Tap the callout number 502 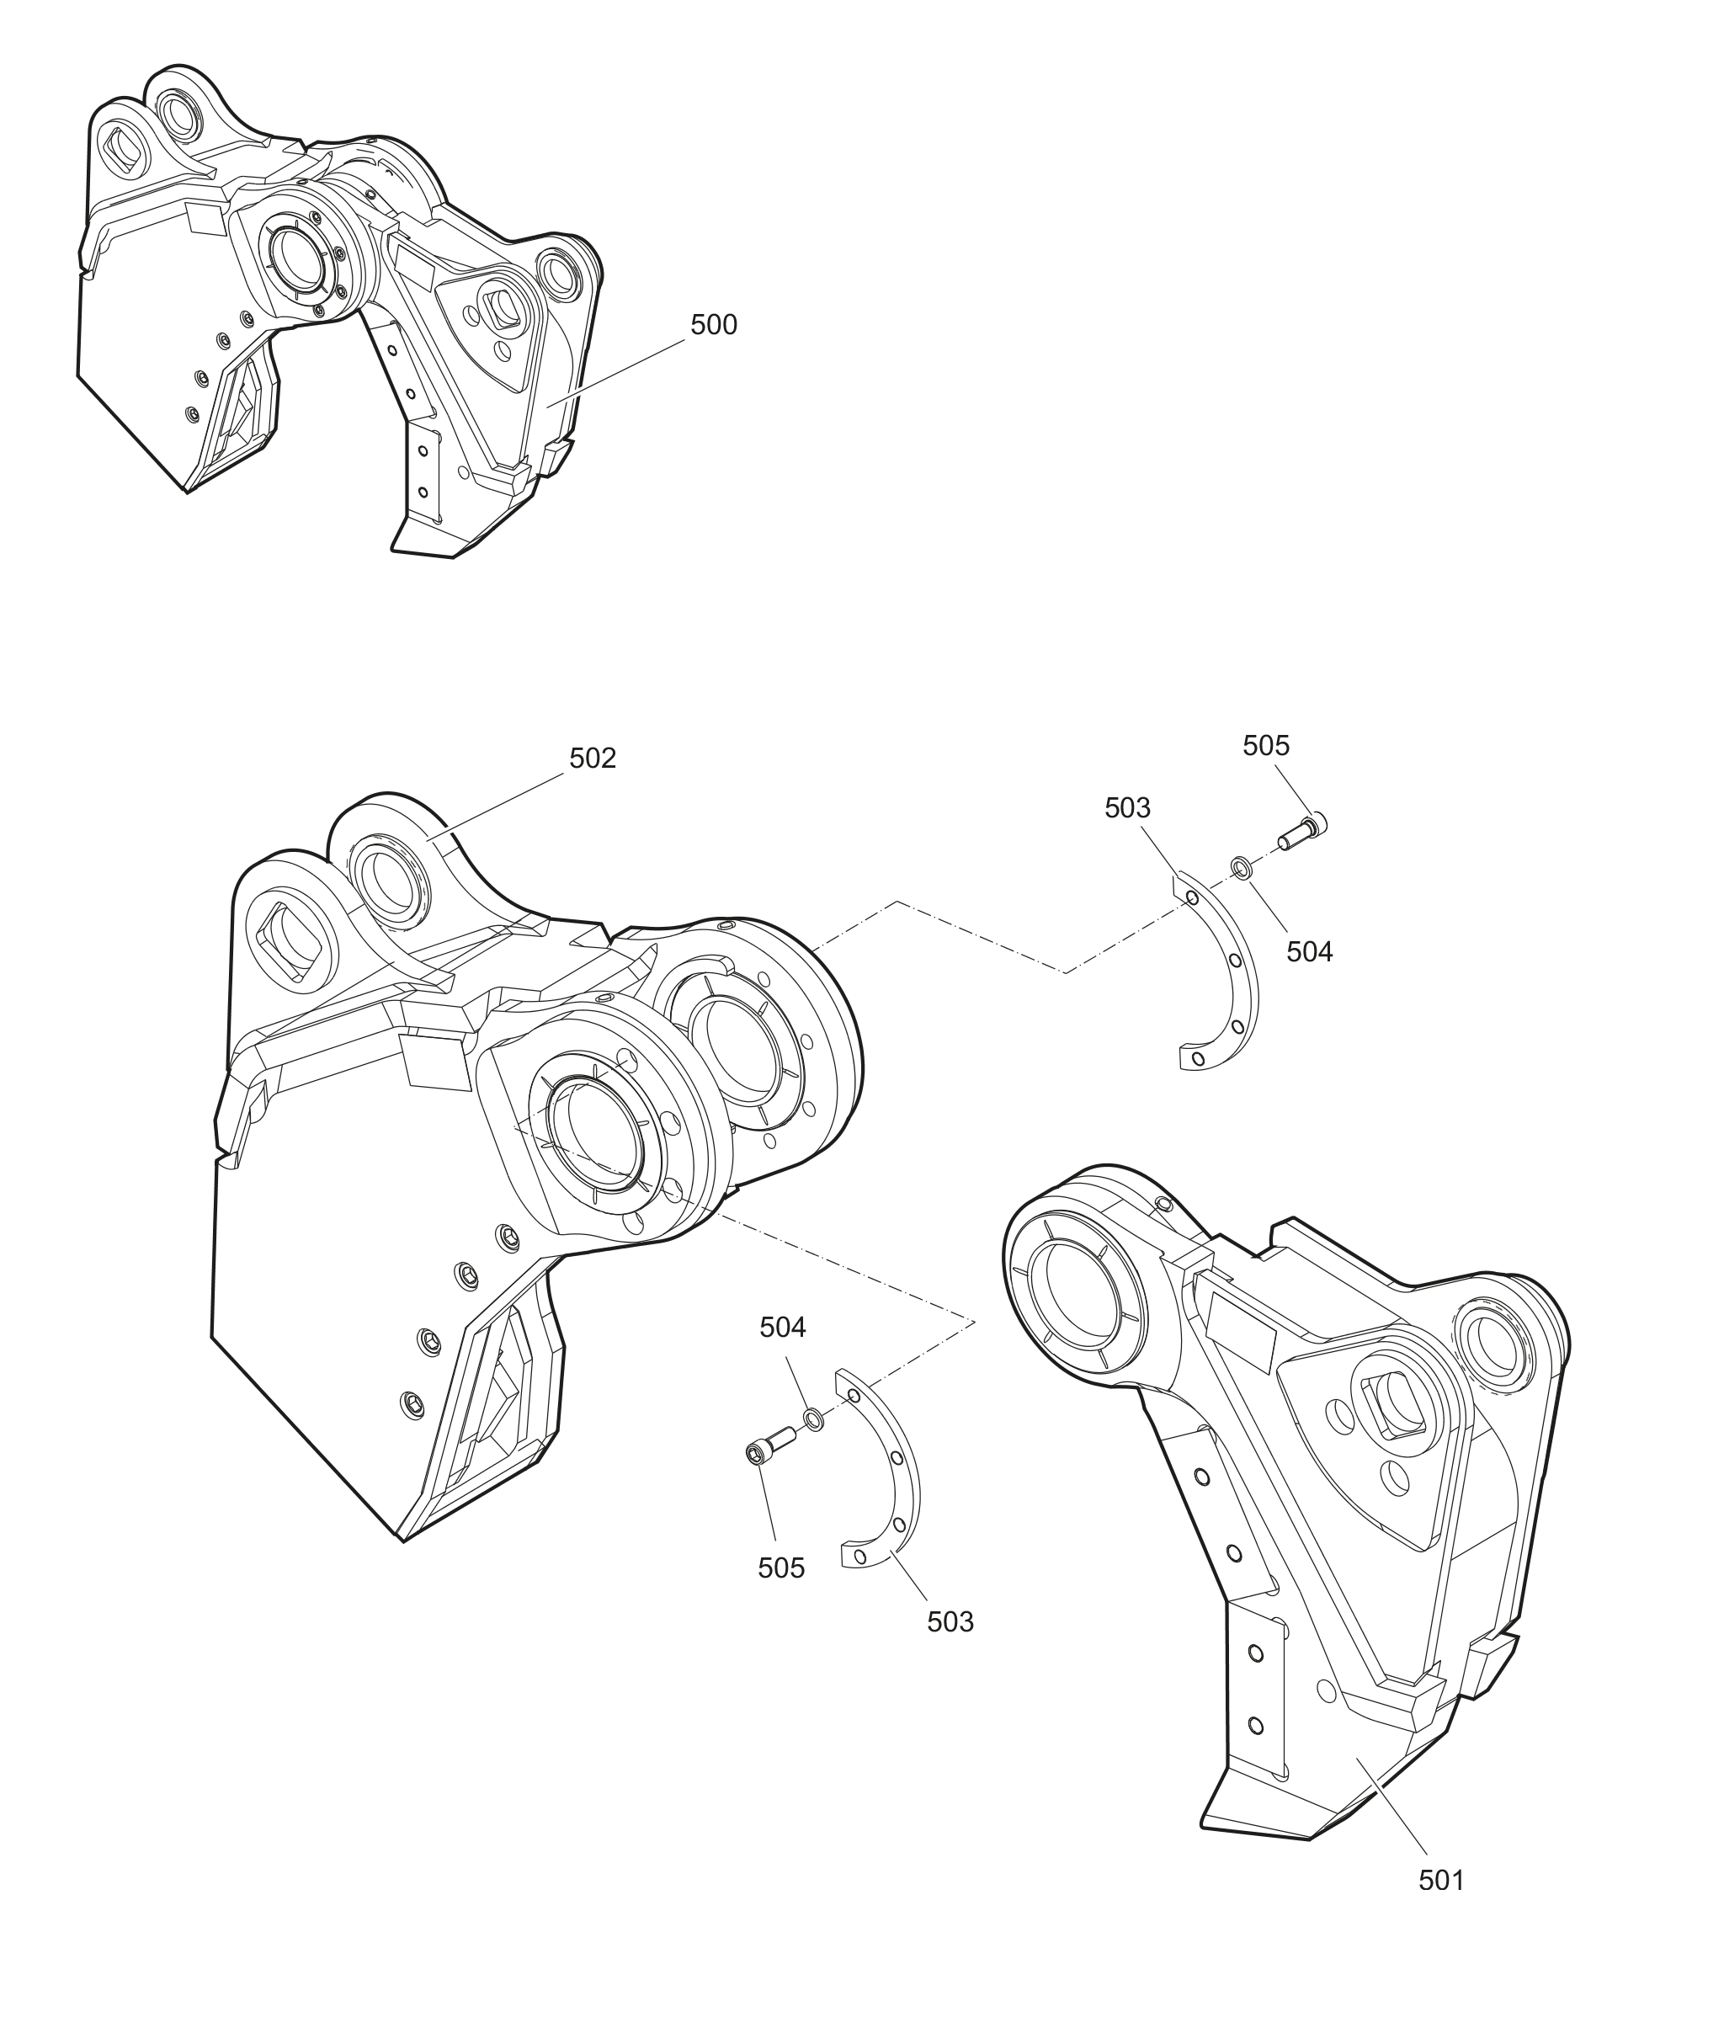pos(593,759)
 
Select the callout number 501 pos(1441,1880)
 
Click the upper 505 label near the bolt pos(1265,746)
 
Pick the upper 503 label pos(1127,808)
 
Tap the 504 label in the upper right pos(1309,951)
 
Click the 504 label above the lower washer pos(783,1328)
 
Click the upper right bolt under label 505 pos(1303,832)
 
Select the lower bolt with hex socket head pos(769,1445)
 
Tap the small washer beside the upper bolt pos(1240,867)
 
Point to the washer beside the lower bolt pos(813,1419)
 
